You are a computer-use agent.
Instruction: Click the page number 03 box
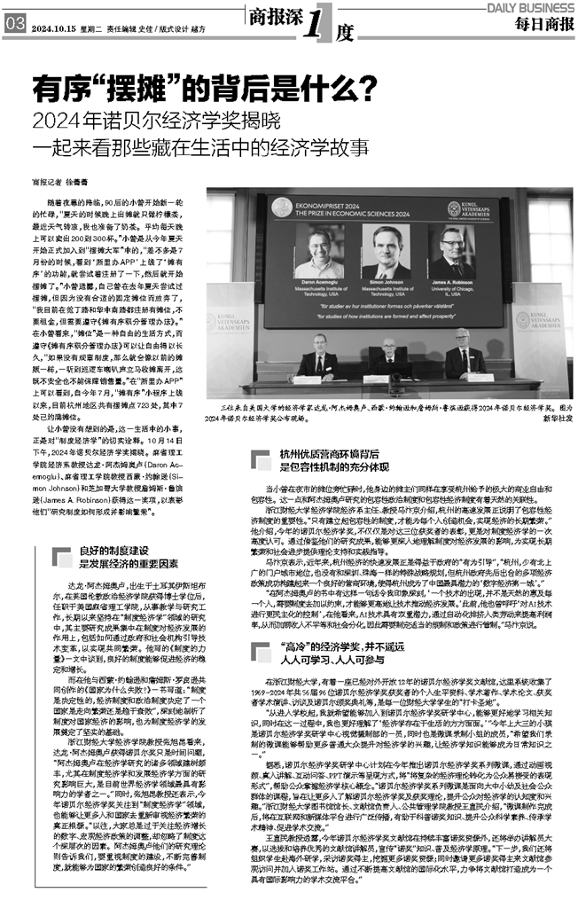tap(13, 27)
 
